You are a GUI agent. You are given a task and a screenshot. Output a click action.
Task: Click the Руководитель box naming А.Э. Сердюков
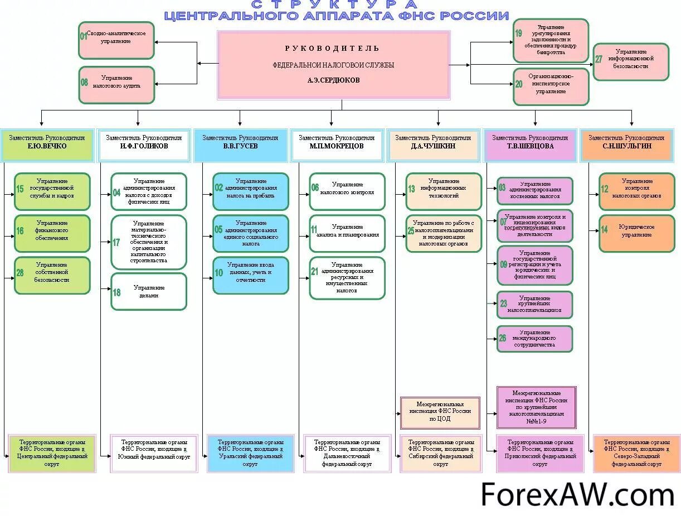pyautogui.click(x=333, y=65)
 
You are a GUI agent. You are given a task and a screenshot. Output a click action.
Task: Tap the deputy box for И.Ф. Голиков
pyautogui.click(x=144, y=142)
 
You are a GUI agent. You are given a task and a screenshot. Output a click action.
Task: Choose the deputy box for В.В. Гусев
pyautogui.click(x=240, y=142)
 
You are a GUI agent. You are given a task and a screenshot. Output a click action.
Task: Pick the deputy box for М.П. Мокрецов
pyautogui.click(x=337, y=142)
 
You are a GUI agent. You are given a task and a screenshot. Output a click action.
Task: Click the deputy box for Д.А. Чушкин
pyautogui.click(x=433, y=142)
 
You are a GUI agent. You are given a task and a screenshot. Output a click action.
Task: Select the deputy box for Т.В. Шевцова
pyautogui.click(x=530, y=142)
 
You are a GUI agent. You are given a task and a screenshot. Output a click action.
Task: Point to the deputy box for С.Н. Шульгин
pyautogui.click(x=626, y=142)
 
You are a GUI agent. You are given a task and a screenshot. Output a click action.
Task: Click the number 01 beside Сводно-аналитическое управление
pyautogui.click(x=84, y=36)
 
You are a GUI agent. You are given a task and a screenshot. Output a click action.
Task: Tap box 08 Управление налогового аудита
pyautogui.click(x=116, y=85)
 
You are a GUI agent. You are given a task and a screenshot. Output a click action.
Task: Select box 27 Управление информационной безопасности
pyautogui.click(x=631, y=62)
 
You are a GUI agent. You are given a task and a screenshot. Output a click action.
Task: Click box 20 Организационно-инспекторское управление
pyautogui.click(x=551, y=86)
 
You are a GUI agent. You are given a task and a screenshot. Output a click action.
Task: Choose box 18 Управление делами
pyautogui.click(x=149, y=291)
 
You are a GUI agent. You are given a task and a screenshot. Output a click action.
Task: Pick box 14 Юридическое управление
pyautogui.click(x=636, y=233)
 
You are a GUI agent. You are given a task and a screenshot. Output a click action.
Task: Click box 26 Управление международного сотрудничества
pyautogui.click(x=534, y=339)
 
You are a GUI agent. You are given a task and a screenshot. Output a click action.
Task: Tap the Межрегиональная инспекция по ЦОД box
pyautogui.click(x=440, y=412)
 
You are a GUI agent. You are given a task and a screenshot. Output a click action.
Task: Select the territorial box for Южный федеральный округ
pyautogui.click(x=154, y=453)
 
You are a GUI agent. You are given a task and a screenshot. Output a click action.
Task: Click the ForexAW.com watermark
pyautogui.click(x=577, y=495)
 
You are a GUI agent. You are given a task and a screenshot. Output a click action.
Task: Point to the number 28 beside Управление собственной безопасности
pyautogui.click(x=20, y=273)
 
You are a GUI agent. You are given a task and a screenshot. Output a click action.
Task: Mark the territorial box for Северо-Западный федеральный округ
pyautogui.click(x=636, y=453)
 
